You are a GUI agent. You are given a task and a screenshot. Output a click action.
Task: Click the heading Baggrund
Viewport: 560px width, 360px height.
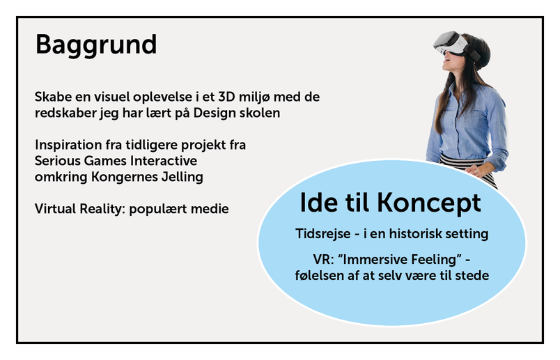[96, 46]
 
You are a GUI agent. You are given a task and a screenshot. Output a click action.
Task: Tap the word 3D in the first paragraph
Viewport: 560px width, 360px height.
[227, 97]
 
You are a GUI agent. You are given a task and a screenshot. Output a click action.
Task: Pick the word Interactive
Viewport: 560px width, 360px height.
[164, 161]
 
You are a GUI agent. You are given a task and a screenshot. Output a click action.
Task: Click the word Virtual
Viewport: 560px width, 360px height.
[55, 209]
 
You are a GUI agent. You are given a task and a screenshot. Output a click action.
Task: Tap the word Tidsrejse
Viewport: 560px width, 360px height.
[323, 234]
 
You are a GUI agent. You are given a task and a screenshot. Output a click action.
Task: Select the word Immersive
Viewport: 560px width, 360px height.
[375, 259]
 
